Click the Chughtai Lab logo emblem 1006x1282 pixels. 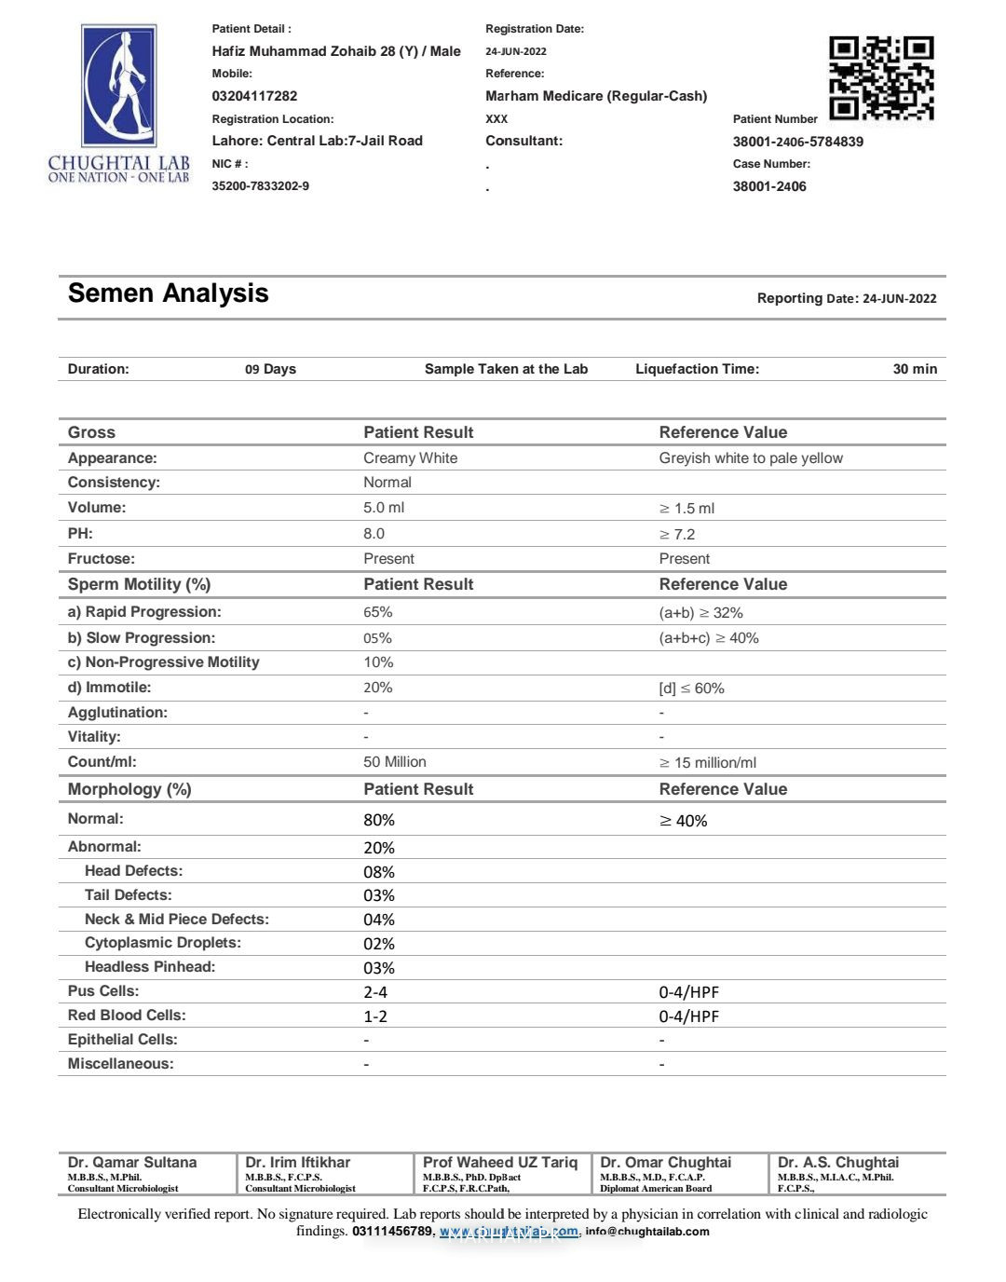point(119,86)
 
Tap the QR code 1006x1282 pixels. point(881,78)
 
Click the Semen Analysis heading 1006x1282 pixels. point(168,293)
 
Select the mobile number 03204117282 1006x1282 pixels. point(254,96)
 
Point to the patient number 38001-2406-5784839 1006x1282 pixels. point(797,142)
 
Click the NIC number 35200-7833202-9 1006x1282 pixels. point(260,186)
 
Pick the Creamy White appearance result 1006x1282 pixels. point(410,458)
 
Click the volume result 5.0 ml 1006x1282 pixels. point(384,508)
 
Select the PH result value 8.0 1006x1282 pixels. point(374,534)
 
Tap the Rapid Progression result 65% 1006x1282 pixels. point(377,612)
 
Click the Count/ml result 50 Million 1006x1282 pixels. point(394,762)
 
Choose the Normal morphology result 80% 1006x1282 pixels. point(378,820)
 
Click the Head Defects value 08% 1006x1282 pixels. point(378,872)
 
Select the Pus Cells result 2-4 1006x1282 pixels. point(374,992)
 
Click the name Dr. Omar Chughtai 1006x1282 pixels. point(665,1163)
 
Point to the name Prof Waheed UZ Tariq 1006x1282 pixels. point(499,1163)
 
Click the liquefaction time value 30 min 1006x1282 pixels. point(914,369)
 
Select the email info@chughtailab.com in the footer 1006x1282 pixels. point(647,1232)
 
